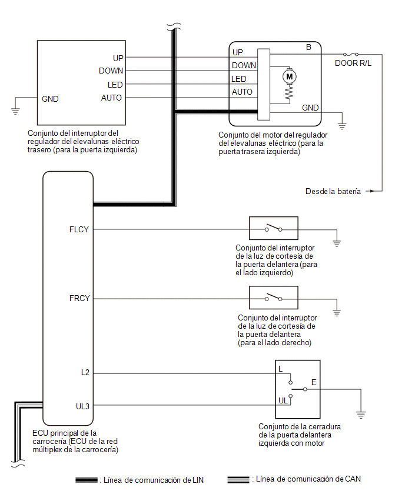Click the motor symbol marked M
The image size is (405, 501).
click(289, 76)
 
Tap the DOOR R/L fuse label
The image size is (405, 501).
click(353, 64)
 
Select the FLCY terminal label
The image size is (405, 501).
click(79, 229)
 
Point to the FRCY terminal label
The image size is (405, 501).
click(79, 298)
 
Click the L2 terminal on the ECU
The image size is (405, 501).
click(85, 372)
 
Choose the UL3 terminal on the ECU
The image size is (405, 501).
click(82, 406)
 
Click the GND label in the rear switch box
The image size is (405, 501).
click(50, 99)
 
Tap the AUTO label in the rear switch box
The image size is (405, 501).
click(111, 98)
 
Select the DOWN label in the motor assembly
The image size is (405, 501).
click(244, 65)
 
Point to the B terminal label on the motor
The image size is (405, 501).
click(308, 47)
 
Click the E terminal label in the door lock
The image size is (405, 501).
click(314, 382)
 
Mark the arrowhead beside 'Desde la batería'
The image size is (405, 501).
click(371, 191)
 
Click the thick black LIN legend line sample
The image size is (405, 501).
click(87, 480)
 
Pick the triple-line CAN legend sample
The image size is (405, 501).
click(238, 480)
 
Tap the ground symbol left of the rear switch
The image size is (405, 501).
click(15, 111)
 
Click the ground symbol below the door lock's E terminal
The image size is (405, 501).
click(360, 415)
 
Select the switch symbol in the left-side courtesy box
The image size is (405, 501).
click(274, 228)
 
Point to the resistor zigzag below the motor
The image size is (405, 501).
click(289, 93)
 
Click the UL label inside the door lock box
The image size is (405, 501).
click(283, 400)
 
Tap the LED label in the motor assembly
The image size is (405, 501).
click(239, 79)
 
